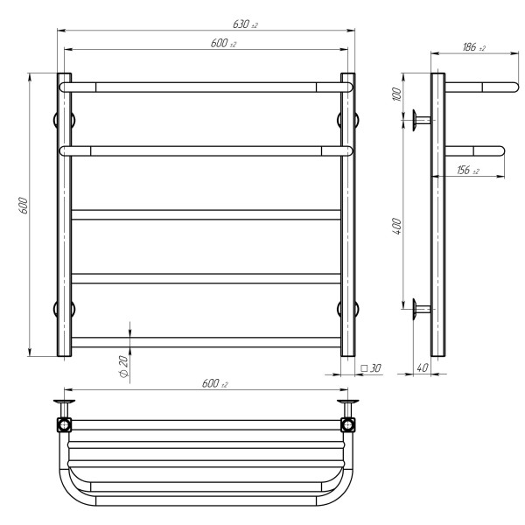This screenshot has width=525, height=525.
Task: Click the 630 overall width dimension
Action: [245, 24]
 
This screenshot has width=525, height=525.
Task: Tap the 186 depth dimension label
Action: [473, 47]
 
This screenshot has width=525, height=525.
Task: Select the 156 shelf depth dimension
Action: [468, 170]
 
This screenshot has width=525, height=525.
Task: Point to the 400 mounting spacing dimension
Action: [396, 226]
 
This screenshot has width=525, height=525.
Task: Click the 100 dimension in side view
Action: [396, 94]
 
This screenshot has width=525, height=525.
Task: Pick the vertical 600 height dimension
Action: [23, 206]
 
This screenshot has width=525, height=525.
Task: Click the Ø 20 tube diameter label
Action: [124, 367]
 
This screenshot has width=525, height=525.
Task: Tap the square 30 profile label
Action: [371, 368]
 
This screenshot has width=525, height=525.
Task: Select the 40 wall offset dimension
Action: [423, 367]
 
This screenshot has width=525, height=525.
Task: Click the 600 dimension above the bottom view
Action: [214, 383]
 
